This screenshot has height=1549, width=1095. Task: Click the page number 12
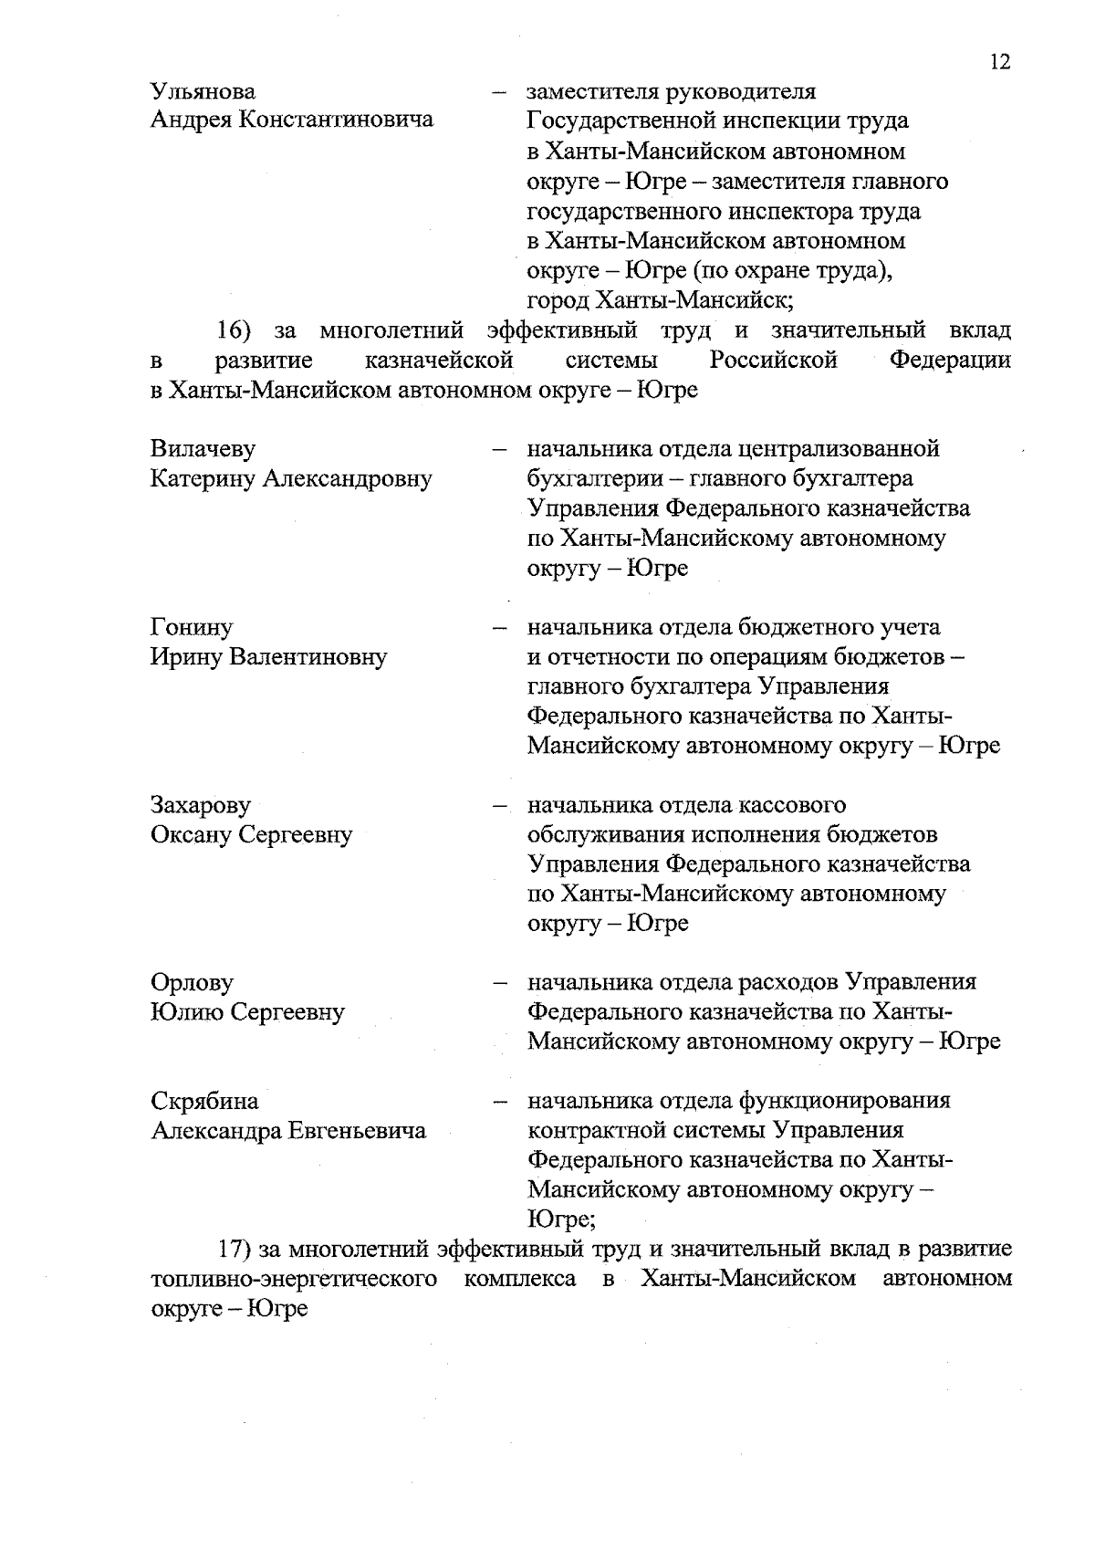(x=999, y=62)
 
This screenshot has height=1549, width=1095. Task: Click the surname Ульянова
(x=203, y=92)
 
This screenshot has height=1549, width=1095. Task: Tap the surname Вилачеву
(x=203, y=449)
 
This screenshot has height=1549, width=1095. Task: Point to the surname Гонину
(x=191, y=628)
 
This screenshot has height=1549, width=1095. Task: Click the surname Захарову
(x=200, y=805)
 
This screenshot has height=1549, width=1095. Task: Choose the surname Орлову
(x=192, y=983)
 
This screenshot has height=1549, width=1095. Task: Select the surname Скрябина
(x=204, y=1102)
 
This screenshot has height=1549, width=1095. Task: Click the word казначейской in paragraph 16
(x=438, y=361)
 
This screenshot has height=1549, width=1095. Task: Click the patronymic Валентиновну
(x=310, y=657)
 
